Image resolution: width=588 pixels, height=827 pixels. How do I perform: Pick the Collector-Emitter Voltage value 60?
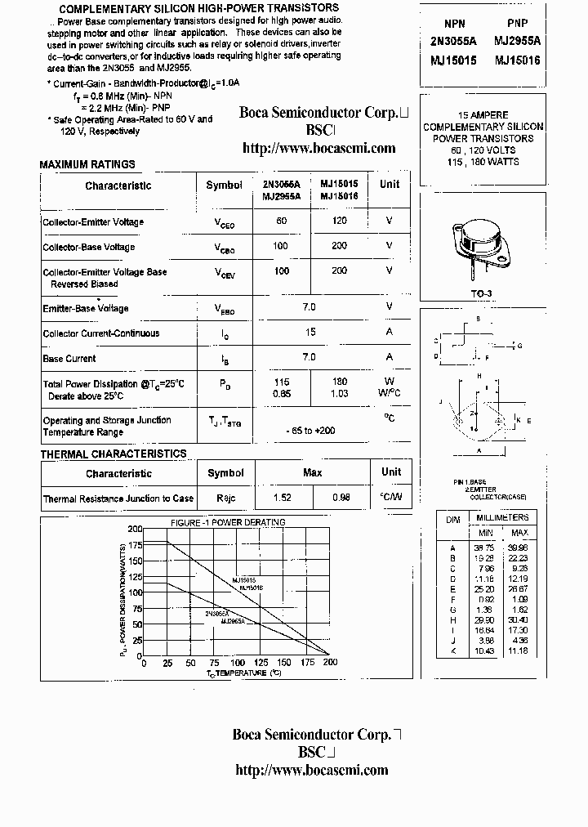(282, 221)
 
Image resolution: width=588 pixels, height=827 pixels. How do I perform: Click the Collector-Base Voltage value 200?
(339, 246)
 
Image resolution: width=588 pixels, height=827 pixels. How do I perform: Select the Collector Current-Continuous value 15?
(310, 332)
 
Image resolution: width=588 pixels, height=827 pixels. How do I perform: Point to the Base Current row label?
(69, 358)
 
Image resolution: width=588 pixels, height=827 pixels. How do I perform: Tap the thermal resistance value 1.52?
(282, 498)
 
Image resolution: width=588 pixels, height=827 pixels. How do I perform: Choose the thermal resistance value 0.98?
(341, 498)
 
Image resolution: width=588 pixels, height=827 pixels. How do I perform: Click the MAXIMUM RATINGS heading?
(87, 165)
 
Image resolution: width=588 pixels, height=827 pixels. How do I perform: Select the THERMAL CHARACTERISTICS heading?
(114, 454)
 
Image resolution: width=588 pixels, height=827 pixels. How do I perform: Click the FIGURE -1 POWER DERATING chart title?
(228, 522)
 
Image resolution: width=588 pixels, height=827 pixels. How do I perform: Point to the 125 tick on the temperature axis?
(261, 664)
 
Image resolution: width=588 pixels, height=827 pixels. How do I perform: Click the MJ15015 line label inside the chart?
(245, 579)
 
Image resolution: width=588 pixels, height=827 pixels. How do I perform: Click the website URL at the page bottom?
(311, 770)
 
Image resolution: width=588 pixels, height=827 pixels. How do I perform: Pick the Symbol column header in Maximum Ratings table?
(224, 185)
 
